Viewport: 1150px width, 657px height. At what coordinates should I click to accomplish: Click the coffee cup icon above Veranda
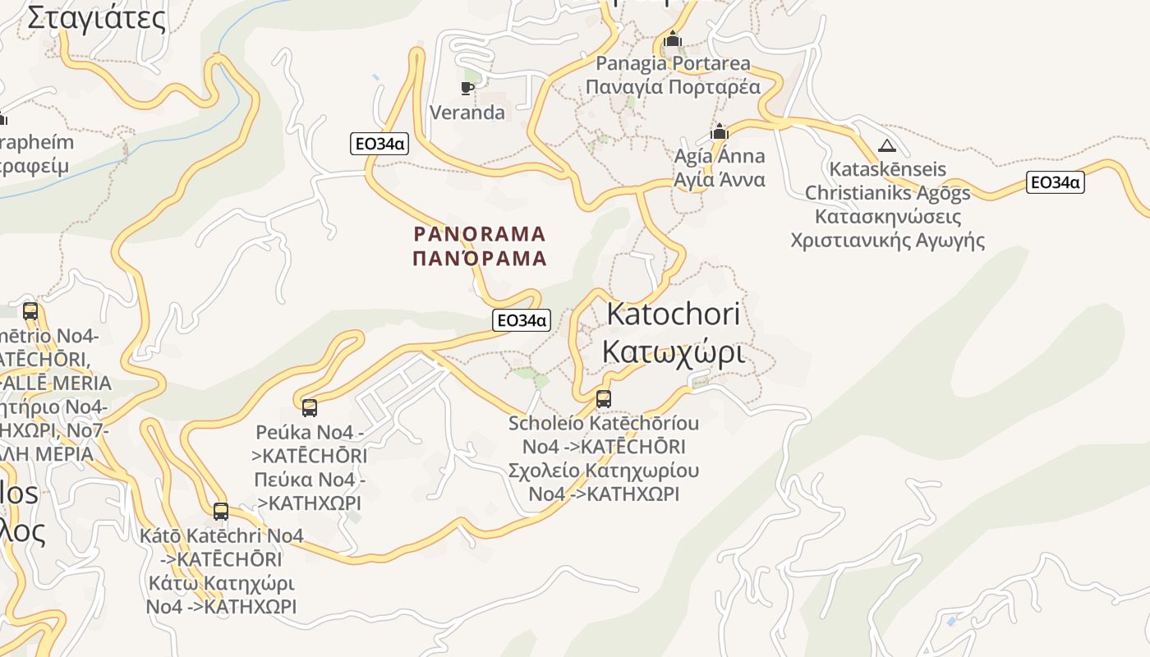(467, 88)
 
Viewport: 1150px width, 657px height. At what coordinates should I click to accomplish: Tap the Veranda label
(467, 113)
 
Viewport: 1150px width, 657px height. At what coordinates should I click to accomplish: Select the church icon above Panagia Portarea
(673, 39)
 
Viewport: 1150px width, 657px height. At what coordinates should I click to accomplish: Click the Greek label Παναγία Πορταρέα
(673, 86)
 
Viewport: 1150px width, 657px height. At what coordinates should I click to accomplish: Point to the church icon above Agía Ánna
(720, 132)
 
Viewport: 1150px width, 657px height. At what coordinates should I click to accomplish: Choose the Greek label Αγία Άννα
(720, 179)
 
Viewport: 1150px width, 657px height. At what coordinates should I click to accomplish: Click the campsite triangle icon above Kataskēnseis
(886, 146)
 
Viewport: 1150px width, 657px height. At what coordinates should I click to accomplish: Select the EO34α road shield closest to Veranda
(379, 144)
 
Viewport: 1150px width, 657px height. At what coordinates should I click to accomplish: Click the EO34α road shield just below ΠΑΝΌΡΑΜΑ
(521, 320)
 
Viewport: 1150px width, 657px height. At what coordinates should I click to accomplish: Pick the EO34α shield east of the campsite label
(1055, 182)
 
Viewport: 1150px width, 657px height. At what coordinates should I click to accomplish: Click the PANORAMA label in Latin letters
(480, 234)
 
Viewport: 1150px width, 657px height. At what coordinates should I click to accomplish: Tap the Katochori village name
(673, 314)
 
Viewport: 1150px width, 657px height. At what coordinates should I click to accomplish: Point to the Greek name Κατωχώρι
(673, 351)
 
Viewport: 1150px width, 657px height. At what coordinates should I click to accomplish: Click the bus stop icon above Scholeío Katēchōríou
(604, 399)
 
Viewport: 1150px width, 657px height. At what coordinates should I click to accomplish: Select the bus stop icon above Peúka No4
(310, 407)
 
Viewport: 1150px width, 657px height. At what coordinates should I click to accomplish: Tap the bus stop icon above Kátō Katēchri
(221, 512)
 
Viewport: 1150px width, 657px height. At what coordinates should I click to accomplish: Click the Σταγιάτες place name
(96, 17)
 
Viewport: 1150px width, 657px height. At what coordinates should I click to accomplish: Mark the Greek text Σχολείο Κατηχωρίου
(604, 471)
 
